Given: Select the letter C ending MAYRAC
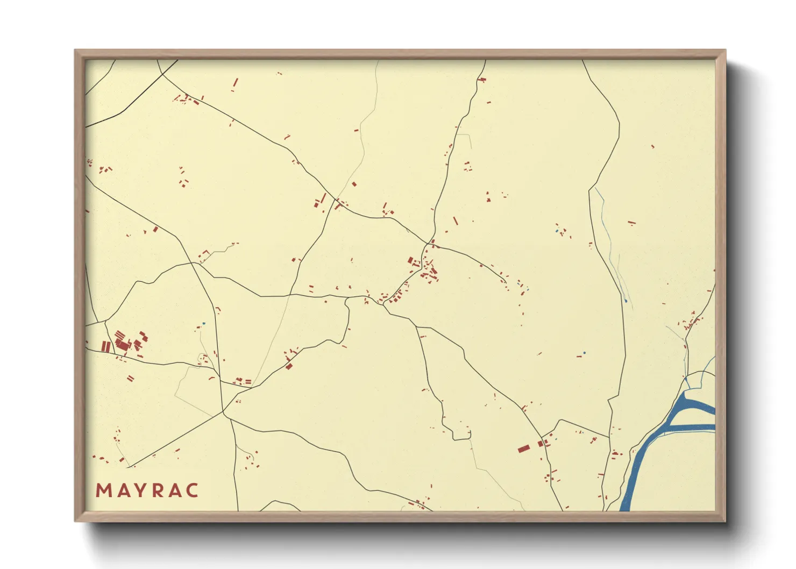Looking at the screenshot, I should [x=192, y=490].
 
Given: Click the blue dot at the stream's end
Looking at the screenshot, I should [x=626, y=301].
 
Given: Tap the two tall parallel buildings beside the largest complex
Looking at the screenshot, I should [x=106, y=346].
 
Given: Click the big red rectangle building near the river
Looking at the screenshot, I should [x=523, y=448].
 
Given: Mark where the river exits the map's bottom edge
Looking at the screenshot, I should [x=625, y=507].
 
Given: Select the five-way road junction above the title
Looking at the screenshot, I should [x=223, y=413].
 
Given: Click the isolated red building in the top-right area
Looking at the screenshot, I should [x=652, y=146].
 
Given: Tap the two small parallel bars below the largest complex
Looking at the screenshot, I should [x=130, y=379].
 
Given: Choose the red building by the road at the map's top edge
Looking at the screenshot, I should [x=482, y=80].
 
